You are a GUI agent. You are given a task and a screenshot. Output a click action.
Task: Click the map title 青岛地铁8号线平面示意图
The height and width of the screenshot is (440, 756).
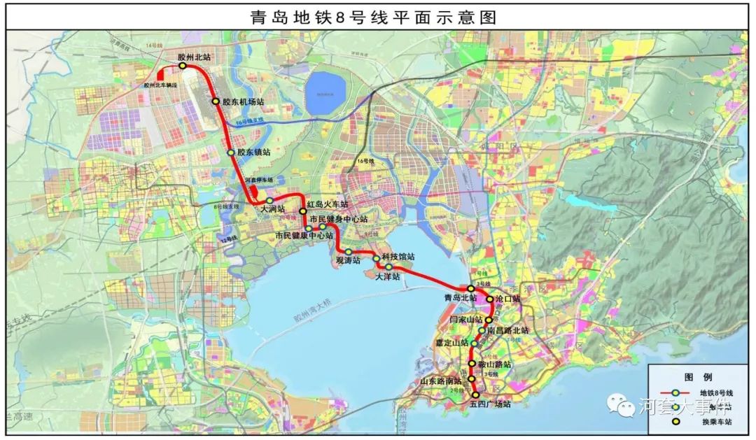373,17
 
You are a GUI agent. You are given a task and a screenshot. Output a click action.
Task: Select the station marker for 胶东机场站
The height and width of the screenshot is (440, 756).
216,101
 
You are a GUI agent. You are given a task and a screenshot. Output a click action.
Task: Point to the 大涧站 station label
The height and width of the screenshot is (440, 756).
272,209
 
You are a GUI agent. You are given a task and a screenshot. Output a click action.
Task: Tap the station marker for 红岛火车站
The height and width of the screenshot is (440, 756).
303,211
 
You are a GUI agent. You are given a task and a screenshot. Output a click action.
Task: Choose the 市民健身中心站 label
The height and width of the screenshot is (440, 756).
339,220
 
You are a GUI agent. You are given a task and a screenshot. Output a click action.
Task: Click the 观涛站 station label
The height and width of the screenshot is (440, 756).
348,260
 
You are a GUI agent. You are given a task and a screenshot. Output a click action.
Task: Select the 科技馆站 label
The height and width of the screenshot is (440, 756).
398,257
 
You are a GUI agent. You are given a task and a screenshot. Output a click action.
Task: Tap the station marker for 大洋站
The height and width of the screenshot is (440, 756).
388,267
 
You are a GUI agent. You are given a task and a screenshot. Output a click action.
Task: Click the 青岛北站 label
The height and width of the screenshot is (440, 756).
460,297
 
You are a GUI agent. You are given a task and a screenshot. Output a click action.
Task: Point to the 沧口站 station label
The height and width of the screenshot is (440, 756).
507,299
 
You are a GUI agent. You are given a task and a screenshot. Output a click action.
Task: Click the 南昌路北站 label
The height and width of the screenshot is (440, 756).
508,330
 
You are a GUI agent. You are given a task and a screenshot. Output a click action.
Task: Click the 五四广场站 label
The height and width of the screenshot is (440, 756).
490,404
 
